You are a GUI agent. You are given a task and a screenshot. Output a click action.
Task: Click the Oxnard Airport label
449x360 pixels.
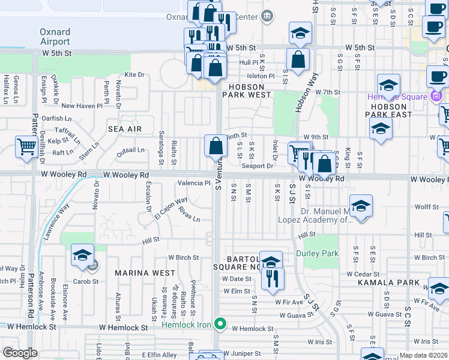click(x=55, y=37)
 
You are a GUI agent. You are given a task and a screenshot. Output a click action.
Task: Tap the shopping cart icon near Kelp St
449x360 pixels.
click(x=26, y=148)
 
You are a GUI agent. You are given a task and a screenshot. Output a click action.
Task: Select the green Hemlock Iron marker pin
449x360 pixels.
click(x=220, y=325)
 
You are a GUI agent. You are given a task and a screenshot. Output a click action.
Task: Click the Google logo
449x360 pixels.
click(x=20, y=353)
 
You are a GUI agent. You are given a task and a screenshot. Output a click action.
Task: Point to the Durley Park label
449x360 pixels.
click(x=316, y=253)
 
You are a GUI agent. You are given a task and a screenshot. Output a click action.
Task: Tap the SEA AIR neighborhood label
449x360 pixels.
click(x=125, y=129)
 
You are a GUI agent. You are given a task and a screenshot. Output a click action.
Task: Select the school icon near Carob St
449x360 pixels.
click(x=82, y=256)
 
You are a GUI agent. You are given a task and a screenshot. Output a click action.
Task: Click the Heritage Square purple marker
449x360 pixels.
click(x=436, y=96)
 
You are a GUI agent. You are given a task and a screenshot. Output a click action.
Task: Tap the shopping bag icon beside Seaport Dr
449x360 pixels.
click(x=215, y=146)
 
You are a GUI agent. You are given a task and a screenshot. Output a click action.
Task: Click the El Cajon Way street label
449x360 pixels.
click(x=171, y=208)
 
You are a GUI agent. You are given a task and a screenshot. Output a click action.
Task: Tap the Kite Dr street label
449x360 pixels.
click(x=134, y=75)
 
